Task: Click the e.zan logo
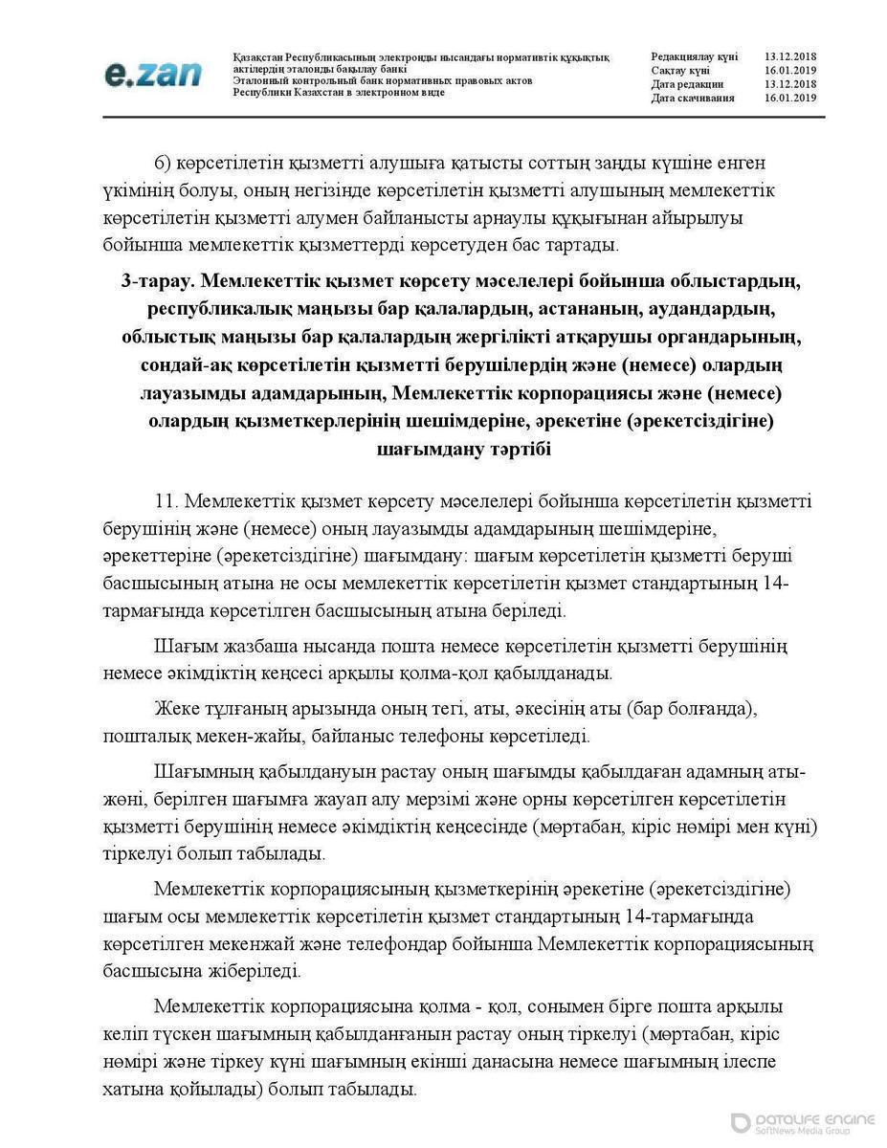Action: (152, 74)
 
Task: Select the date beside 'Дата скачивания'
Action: (790, 98)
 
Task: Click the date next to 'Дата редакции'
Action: (790, 84)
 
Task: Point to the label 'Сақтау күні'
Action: (680, 71)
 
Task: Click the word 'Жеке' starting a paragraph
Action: (173, 709)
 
